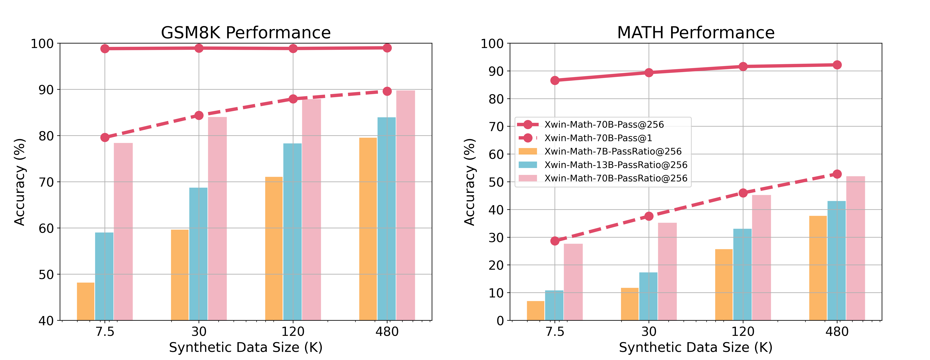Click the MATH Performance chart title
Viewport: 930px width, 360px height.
tap(696, 33)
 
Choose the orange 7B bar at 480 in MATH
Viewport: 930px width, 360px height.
tap(818, 268)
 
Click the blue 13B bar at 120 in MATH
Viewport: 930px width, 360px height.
tap(742, 274)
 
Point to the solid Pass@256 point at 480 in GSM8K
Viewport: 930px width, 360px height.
tap(387, 48)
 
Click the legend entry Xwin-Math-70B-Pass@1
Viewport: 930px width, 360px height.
tap(598, 138)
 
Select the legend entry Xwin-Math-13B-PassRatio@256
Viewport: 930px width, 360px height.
tap(616, 165)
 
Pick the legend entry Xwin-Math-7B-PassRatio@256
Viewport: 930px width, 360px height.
tap(613, 151)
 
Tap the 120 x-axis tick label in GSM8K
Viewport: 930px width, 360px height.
tap(293, 331)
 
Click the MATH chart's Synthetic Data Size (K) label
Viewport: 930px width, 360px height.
tap(696, 347)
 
